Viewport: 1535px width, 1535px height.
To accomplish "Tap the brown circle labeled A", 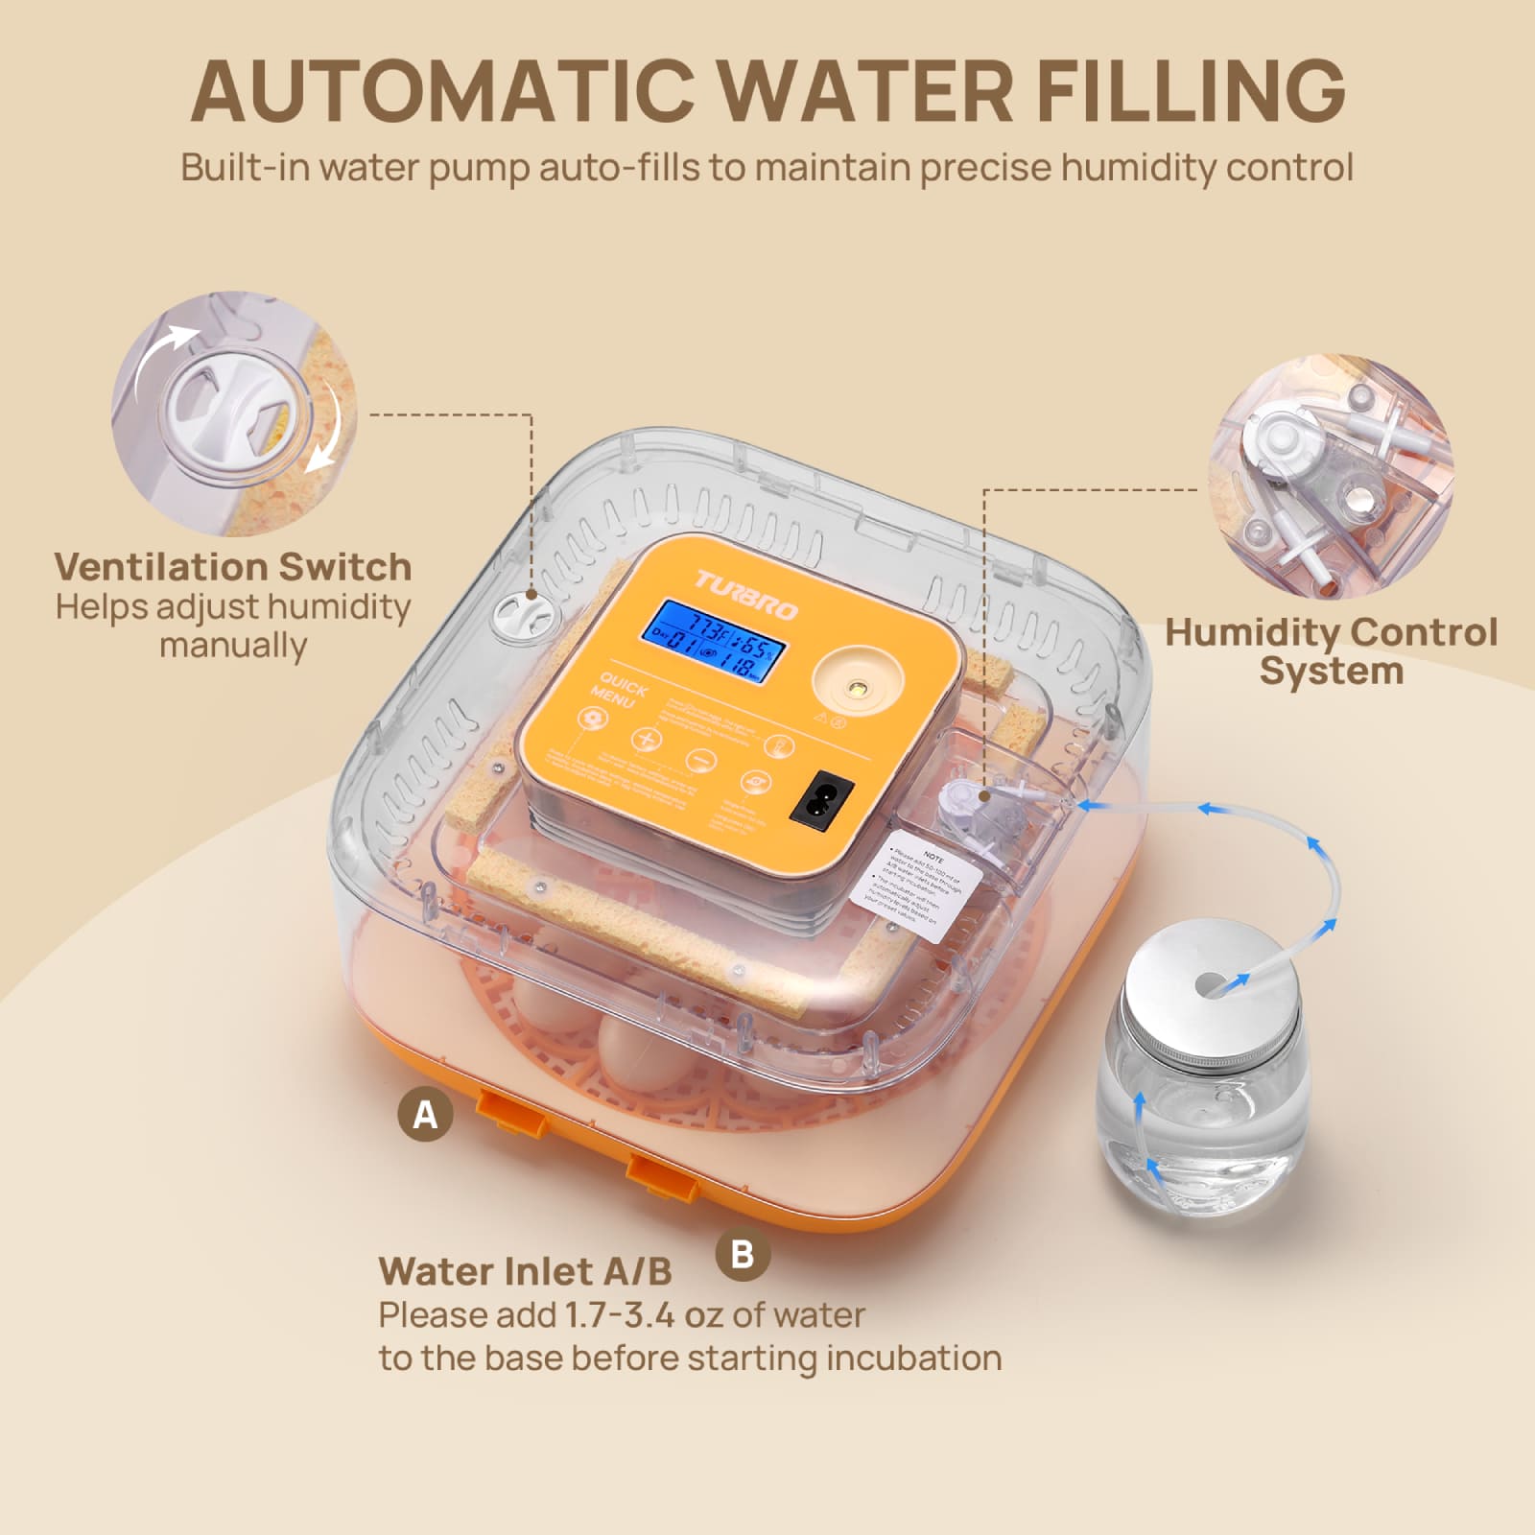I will coord(425,1115).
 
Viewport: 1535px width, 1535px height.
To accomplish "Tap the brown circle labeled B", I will coord(743,1254).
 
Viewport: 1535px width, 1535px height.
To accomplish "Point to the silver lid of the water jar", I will coord(1215,987).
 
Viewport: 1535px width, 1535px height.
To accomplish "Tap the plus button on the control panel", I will coord(646,739).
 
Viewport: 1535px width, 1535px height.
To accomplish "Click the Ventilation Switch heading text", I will coord(233,566).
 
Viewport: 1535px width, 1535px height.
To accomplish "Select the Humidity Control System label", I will coord(1331,650).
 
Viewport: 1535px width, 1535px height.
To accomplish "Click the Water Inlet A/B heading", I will coord(525,1271).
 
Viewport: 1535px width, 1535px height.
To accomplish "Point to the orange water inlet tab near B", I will coord(661,1173).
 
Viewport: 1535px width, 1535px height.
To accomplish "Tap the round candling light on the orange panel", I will coord(857,686).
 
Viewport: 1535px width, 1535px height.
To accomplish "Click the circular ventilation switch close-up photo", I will coord(235,414).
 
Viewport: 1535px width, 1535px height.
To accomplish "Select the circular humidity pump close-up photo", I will coord(1331,477).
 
